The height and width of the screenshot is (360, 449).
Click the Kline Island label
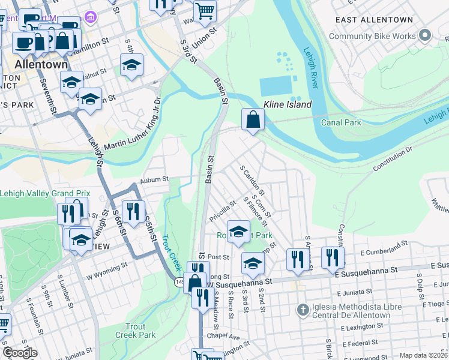coord(286,104)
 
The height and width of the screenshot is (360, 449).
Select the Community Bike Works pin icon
coord(426,36)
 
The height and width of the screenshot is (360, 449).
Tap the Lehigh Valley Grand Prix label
coord(45,193)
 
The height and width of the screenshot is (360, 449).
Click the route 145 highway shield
coord(179,281)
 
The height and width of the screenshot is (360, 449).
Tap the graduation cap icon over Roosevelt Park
coord(238,233)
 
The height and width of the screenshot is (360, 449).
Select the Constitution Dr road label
coord(394,158)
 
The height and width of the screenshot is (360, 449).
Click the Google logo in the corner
coord(19,353)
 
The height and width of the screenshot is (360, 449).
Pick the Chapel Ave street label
coord(228,337)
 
